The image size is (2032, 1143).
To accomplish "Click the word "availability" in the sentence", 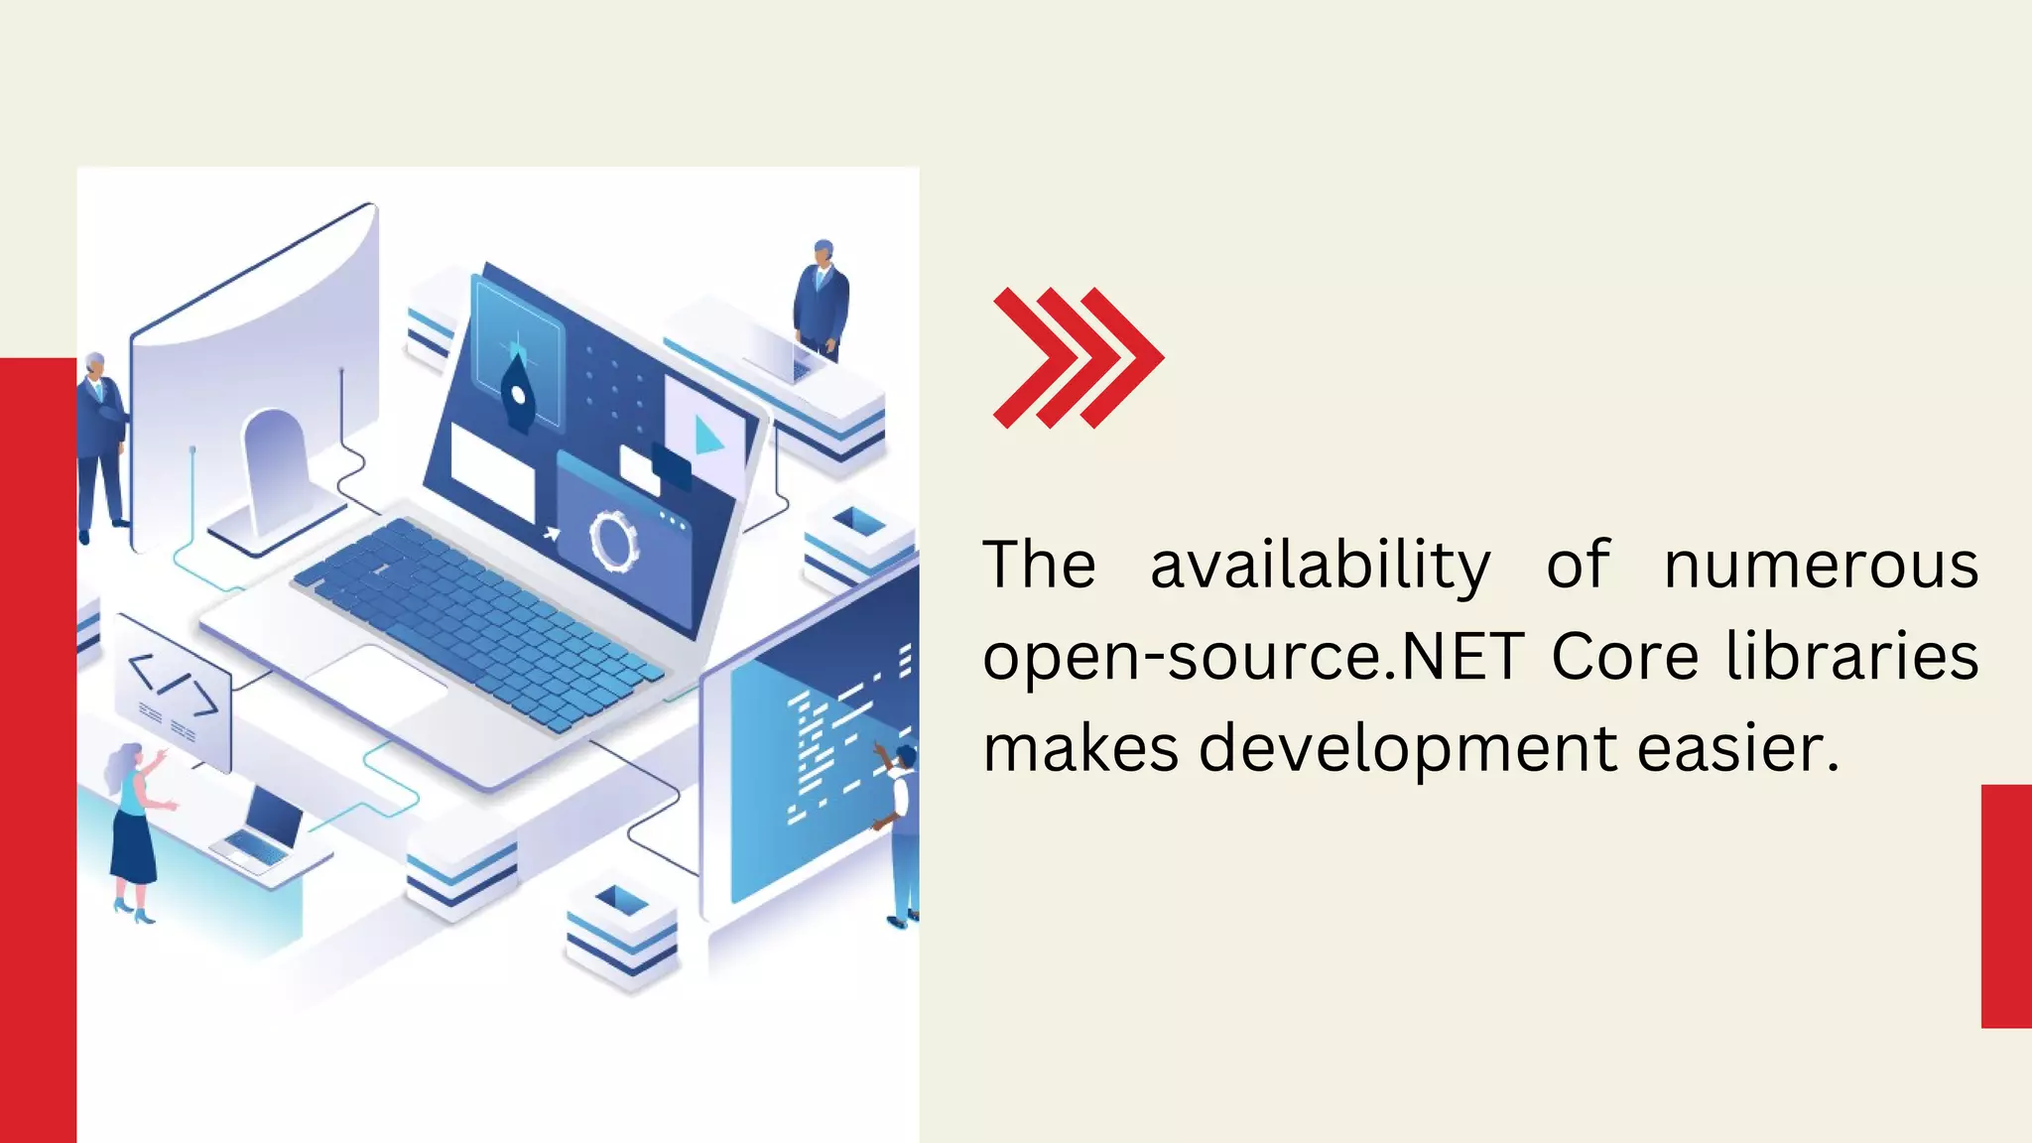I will click(x=1320, y=566).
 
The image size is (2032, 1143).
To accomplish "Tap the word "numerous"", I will click(x=1821, y=566).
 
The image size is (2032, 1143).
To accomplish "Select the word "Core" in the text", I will click(x=1624, y=657).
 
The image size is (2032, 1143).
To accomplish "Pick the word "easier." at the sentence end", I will click(x=1737, y=747).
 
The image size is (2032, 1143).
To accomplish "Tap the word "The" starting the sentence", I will click(x=1039, y=566).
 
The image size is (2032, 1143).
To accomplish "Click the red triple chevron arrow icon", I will click(x=1078, y=358).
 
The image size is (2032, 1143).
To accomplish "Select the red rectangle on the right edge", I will click(x=2006, y=905).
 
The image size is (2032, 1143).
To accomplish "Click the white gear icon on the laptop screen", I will click(x=614, y=540).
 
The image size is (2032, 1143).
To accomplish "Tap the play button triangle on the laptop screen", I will click(x=707, y=435).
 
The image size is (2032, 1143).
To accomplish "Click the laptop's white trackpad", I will click(x=376, y=684).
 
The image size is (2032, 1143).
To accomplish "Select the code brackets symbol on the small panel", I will click(x=174, y=684).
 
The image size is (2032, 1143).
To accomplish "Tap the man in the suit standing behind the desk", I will click(x=821, y=299).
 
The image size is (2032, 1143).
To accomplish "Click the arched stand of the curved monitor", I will click(x=272, y=466).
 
